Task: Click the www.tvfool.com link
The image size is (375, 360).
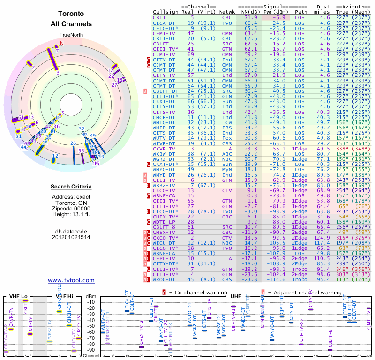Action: tap(71, 280)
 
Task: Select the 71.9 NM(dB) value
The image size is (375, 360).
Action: tap(250, 17)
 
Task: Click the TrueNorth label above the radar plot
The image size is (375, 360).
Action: tap(71, 35)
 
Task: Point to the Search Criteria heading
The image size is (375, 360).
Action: tap(71, 187)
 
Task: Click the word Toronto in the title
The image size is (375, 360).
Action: tap(71, 14)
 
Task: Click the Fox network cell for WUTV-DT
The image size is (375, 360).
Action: tap(227, 138)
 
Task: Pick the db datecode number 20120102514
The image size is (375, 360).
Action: tap(71, 237)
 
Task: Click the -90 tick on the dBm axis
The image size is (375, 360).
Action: tap(91, 350)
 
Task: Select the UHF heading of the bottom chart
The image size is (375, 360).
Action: tap(236, 296)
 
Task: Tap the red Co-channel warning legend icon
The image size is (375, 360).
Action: tap(164, 292)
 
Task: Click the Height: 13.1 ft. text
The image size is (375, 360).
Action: tap(71, 214)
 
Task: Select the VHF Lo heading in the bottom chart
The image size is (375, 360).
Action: tap(18, 296)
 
